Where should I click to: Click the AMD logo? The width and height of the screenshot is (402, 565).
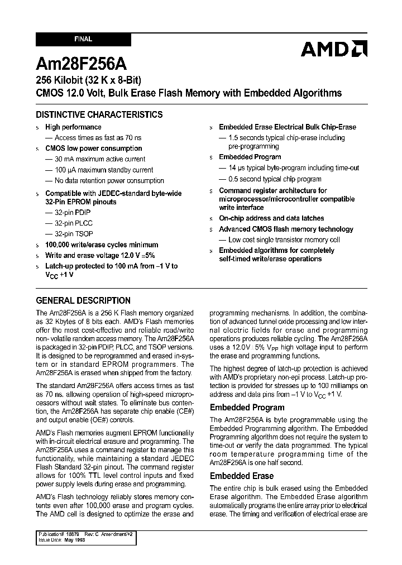[x=333, y=49]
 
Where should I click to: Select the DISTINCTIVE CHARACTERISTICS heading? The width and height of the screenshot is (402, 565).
[x=99, y=114]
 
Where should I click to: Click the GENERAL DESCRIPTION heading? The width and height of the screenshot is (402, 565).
[x=83, y=300]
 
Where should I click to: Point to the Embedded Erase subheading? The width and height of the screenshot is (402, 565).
[x=241, y=476]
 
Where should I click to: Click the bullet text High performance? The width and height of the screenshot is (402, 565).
[x=73, y=127]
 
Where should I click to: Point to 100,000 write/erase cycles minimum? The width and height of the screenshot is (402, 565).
[x=102, y=245]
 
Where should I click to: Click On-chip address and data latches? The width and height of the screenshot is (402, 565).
[x=271, y=218]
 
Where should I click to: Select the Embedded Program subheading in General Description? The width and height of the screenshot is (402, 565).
[x=247, y=408]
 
